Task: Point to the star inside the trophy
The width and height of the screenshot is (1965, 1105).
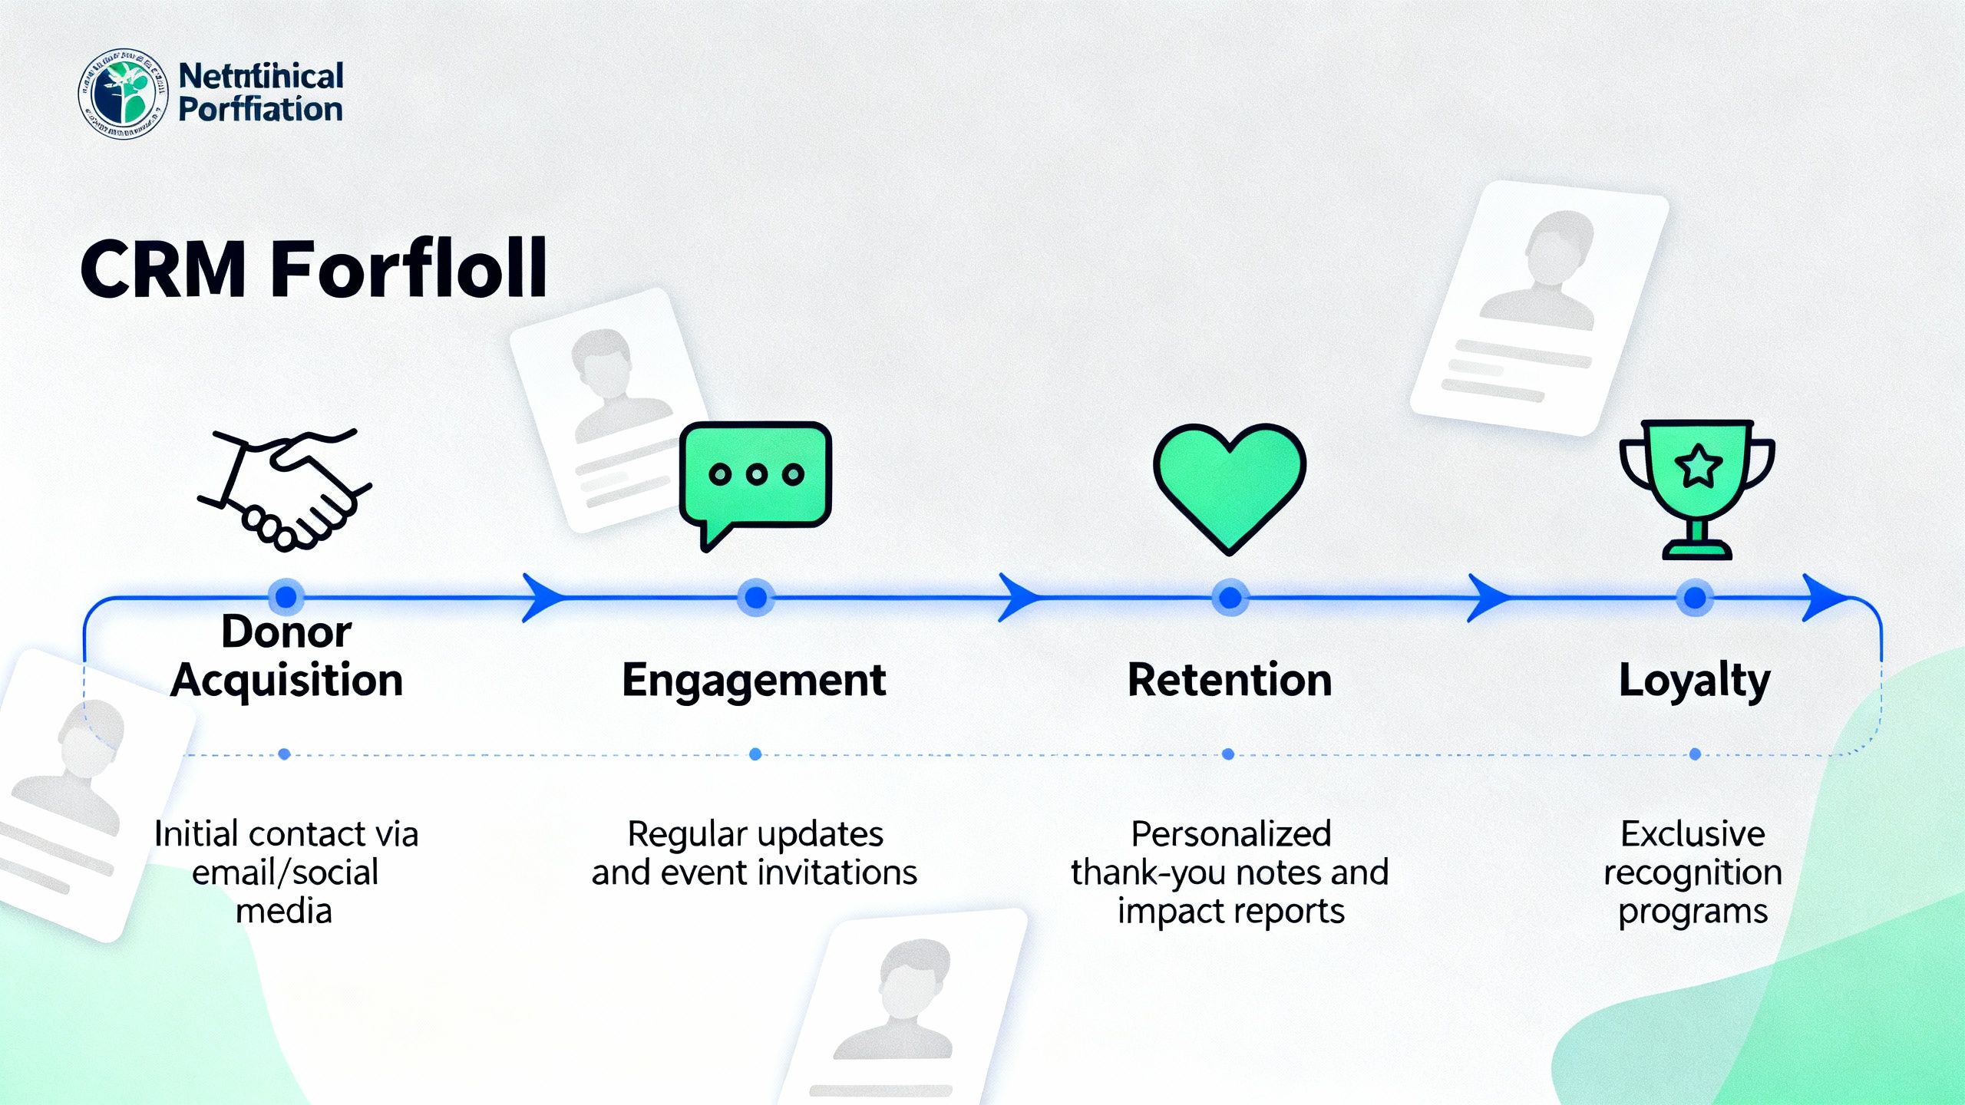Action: pos(1697,466)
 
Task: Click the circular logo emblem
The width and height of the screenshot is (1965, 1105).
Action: pos(123,94)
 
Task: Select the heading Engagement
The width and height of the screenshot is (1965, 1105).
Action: pos(754,681)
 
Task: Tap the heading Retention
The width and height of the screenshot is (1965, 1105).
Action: pos(1229,680)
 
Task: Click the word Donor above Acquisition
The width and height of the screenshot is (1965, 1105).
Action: pos(286,632)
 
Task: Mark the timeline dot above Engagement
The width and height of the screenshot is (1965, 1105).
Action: pos(756,597)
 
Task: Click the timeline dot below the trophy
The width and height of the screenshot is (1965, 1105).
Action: pos(1695,597)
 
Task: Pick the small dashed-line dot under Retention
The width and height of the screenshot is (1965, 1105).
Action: pos(1228,754)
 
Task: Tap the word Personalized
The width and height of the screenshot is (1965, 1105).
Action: pos(1231,834)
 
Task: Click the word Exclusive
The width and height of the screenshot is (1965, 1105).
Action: pos(1693,834)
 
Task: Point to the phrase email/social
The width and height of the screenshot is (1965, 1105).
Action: pos(285,872)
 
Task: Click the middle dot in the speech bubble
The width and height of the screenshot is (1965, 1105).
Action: pos(756,474)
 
